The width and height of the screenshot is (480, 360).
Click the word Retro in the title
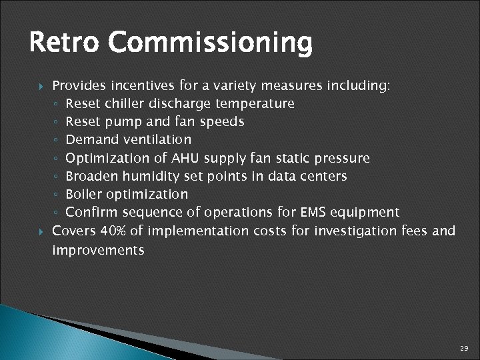click(x=64, y=43)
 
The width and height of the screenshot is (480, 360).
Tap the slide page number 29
click(x=464, y=349)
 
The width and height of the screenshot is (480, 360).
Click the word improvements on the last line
click(x=98, y=251)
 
